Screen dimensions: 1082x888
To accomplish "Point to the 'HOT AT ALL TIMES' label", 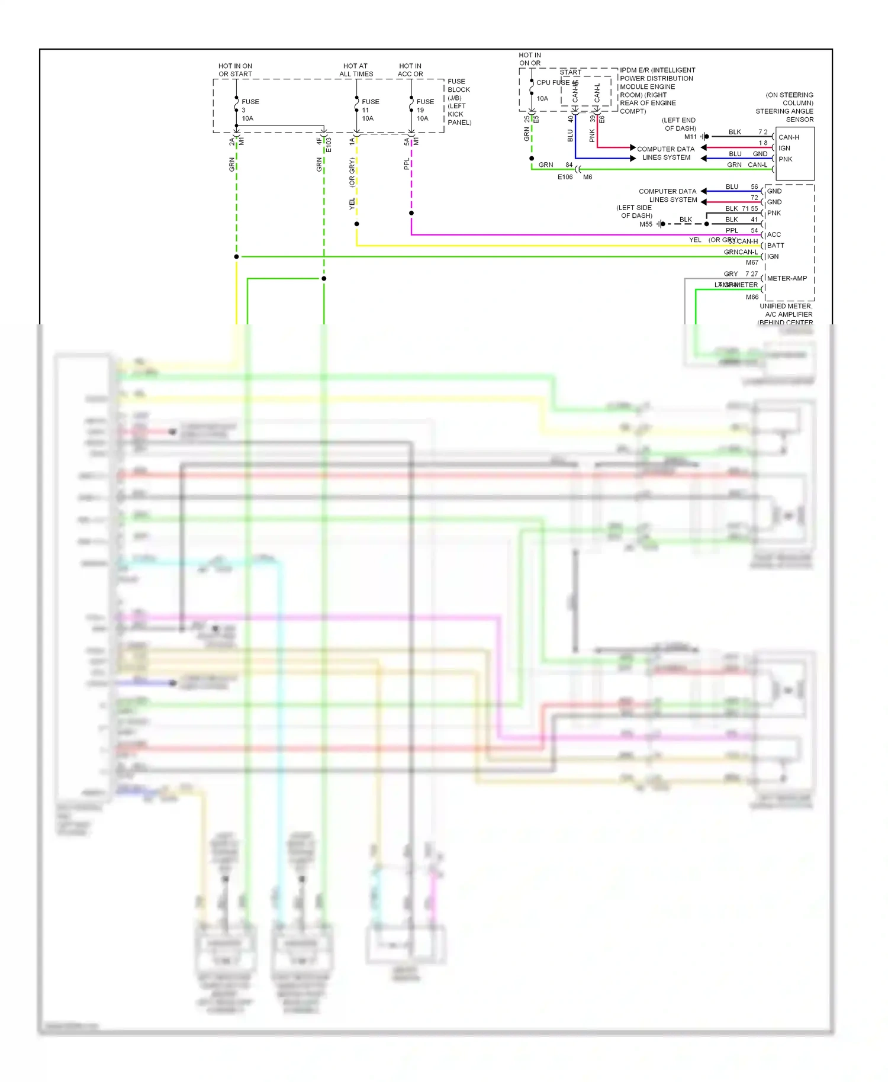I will (356, 70).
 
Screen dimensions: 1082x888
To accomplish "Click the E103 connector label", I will (329, 145).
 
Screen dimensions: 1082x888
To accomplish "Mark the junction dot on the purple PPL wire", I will (411, 213).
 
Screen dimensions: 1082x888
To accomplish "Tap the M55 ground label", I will (646, 224).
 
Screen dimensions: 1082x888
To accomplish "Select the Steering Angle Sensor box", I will (795, 153).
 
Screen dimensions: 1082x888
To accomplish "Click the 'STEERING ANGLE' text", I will (784, 111).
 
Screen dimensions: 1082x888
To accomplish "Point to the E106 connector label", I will (565, 177).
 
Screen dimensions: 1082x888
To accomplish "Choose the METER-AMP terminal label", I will (787, 278).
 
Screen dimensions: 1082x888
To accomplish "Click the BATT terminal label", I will (776, 246).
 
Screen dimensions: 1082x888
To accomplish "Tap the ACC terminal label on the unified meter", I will (774, 235).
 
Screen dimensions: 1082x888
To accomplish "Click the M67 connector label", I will (752, 262).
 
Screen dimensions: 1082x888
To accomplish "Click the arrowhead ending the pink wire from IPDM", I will (633, 147).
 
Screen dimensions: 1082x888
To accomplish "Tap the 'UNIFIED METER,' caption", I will (786, 306).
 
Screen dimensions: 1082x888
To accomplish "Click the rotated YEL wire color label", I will (352, 204).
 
